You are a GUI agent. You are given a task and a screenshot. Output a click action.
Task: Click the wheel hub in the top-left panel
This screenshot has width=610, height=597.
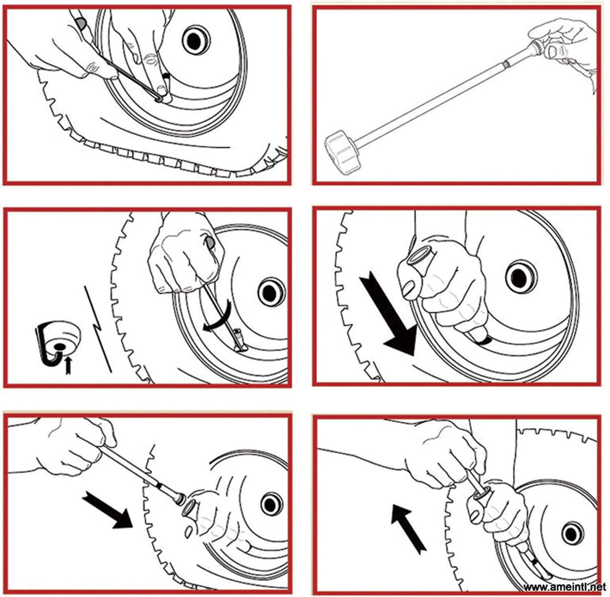point(196,40)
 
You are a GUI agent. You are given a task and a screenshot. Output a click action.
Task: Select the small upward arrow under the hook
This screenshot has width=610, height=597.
point(68,365)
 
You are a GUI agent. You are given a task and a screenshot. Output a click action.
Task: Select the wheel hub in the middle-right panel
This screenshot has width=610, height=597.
point(519,278)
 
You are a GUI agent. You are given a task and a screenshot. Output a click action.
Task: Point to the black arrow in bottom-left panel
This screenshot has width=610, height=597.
point(107,510)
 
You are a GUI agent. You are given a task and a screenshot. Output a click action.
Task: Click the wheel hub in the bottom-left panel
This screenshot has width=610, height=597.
point(271,504)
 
